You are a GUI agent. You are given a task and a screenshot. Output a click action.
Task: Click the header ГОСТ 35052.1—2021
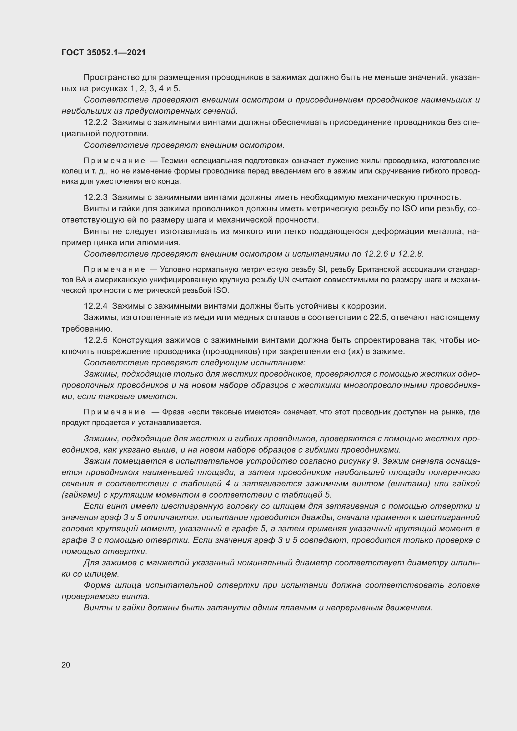[x=103, y=53]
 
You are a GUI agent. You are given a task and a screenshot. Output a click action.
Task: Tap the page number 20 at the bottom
[x=66, y=665]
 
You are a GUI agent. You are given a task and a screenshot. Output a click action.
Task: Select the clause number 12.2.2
[x=96, y=123]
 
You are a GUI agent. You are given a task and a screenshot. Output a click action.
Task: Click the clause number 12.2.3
[x=96, y=198]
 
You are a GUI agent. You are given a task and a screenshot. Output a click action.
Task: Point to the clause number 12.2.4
[x=96, y=306]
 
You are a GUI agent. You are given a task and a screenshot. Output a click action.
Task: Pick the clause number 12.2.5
[x=96, y=340]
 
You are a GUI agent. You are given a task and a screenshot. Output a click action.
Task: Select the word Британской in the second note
[x=379, y=270]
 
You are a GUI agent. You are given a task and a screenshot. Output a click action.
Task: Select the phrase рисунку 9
[x=361, y=461]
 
